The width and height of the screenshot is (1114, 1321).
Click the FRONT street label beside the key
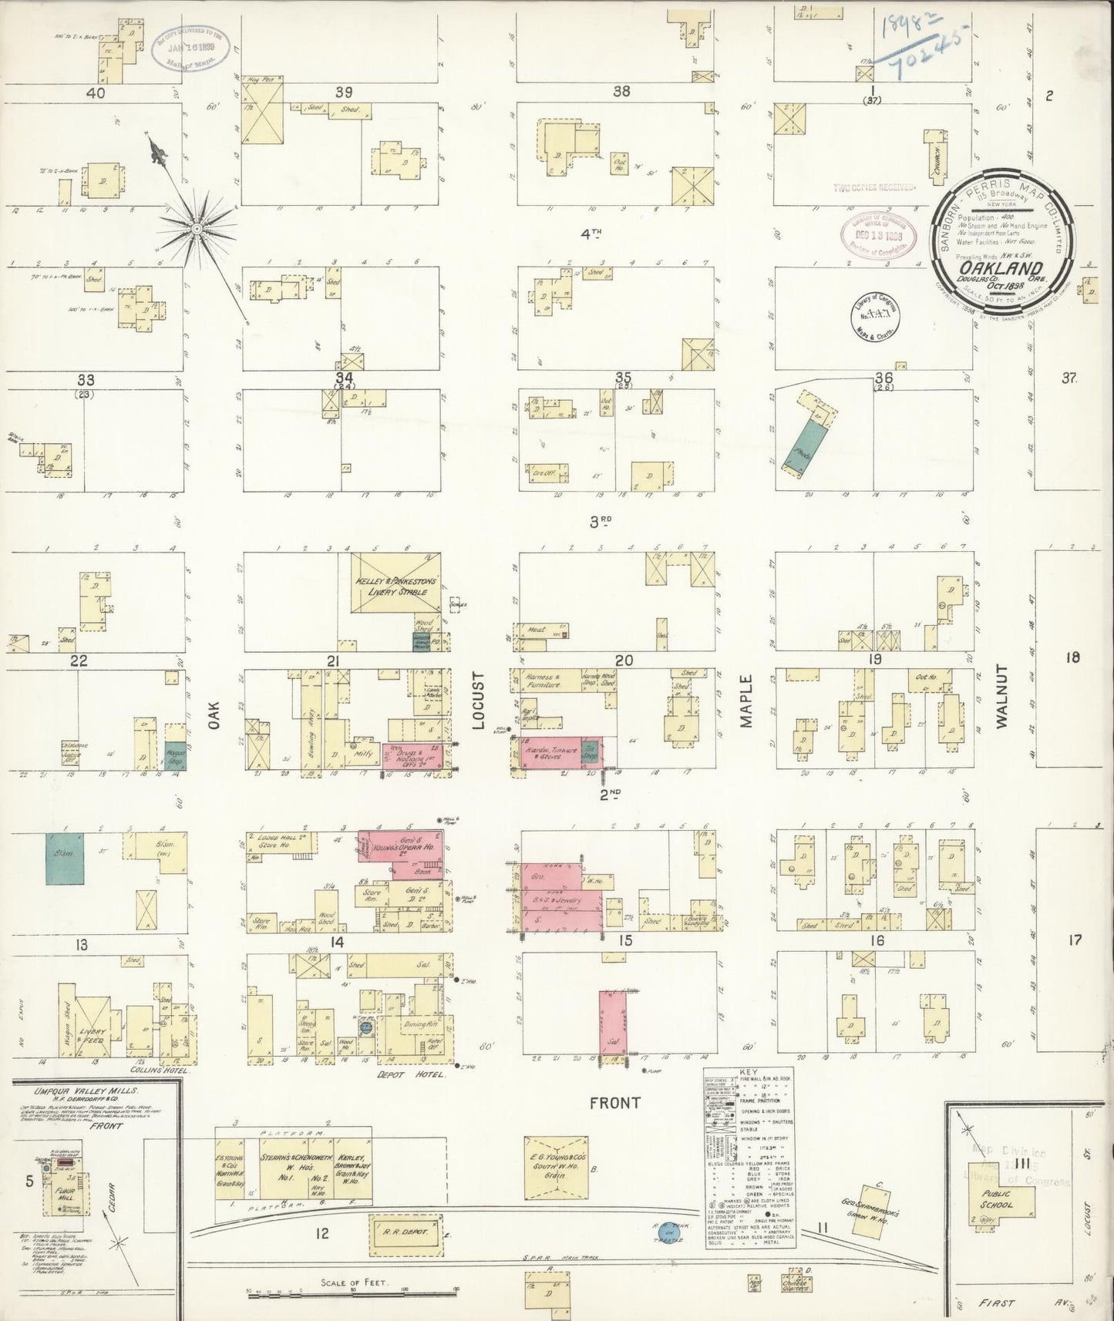click(x=614, y=1103)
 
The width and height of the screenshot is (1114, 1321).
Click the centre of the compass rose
click(x=197, y=229)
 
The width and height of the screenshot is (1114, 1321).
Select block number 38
click(x=621, y=91)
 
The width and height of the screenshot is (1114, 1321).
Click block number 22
click(x=79, y=660)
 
